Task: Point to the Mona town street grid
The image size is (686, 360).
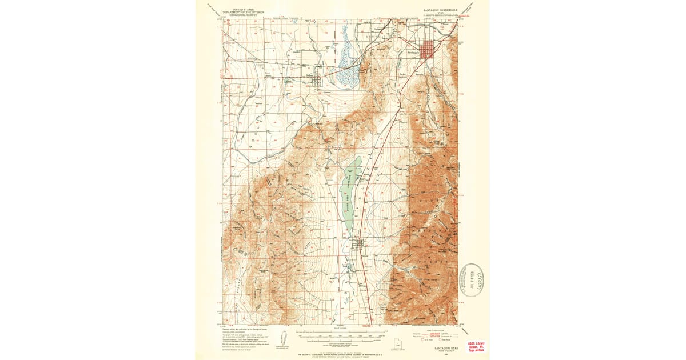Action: point(360,245)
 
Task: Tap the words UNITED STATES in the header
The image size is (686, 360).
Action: point(239,9)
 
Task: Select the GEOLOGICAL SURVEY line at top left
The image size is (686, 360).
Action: point(239,15)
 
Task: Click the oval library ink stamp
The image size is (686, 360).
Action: point(472,280)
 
